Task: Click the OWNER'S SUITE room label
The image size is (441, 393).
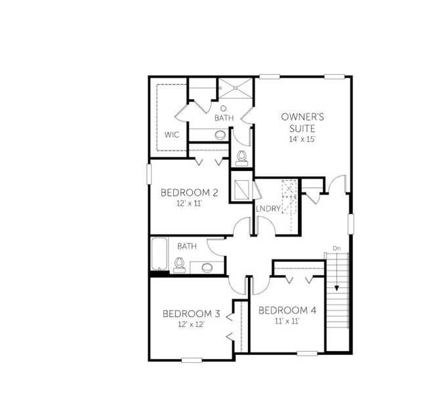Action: click(303, 122)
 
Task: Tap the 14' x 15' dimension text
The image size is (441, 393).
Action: click(303, 140)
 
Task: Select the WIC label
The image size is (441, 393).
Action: click(172, 135)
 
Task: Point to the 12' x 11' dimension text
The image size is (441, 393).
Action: click(189, 204)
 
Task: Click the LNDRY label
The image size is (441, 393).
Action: click(269, 209)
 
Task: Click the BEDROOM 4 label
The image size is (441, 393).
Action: click(287, 310)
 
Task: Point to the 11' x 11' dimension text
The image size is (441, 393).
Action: click(287, 321)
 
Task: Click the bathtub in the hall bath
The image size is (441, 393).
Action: click(159, 255)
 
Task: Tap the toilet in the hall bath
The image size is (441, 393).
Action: click(178, 265)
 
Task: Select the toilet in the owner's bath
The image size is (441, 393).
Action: click(241, 157)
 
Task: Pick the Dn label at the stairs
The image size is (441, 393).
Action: click(337, 248)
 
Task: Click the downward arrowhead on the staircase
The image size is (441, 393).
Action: click(337, 286)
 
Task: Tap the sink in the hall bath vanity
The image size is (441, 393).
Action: click(207, 267)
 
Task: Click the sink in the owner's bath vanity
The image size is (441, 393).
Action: click(220, 136)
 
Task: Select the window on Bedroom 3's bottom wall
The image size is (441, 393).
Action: click(192, 360)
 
